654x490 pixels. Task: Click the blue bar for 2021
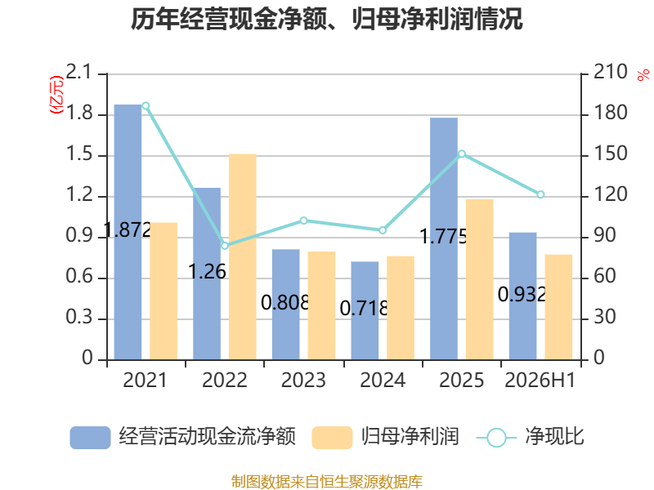click(128, 232)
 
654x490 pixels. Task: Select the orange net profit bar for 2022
click(242, 256)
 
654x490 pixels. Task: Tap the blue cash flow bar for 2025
click(444, 238)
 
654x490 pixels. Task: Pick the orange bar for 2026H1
click(558, 307)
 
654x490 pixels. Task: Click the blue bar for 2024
click(365, 311)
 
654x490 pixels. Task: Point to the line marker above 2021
click(146, 106)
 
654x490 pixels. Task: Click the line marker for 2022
click(225, 246)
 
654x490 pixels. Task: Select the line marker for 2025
click(462, 154)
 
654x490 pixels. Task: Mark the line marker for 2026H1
click(540, 194)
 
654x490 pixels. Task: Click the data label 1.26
click(208, 272)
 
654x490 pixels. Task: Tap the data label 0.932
click(522, 295)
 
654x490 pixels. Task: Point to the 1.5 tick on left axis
click(78, 154)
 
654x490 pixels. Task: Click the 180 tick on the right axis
click(610, 114)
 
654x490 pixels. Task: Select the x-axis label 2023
click(303, 380)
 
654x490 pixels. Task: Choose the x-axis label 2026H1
click(540, 380)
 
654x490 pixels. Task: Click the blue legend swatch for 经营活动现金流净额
click(90, 438)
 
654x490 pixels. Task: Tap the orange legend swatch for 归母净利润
click(332, 438)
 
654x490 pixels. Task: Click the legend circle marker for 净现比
click(496, 438)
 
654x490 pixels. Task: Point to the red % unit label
click(643, 75)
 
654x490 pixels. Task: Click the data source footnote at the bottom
click(327, 482)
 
